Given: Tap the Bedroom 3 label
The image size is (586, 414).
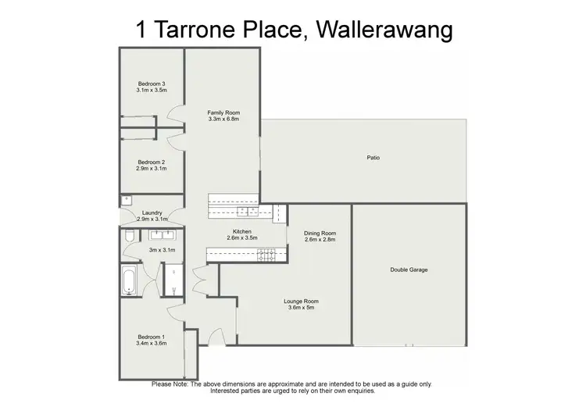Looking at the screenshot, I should click(x=152, y=84).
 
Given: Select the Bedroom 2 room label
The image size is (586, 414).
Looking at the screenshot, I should click(x=152, y=162).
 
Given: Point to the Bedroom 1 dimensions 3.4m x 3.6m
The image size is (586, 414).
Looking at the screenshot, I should click(x=152, y=343).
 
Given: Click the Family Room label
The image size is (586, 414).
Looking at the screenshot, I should click(x=223, y=113).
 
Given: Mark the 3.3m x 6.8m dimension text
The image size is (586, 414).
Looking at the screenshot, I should click(x=223, y=120).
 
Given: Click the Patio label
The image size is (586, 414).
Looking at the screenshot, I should click(x=373, y=158).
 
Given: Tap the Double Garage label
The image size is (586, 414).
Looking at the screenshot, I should click(x=409, y=270).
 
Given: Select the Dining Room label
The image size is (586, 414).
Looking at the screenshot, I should click(x=320, y=233).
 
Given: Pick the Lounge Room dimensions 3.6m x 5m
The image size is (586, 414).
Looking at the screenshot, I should click(x=303, y=308).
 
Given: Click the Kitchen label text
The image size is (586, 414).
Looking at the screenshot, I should click(x=242, y=231).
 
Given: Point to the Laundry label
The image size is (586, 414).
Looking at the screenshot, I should click(x=152, y=213).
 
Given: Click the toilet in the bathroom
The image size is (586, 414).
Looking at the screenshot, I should click(x=128, y=235).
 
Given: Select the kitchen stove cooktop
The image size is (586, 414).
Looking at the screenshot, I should click(x=266, y=252).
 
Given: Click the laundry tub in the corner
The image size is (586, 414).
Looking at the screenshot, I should click(x=126, y=201).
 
